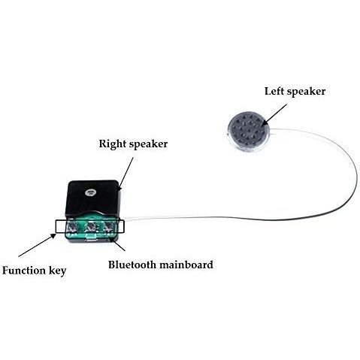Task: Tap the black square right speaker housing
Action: coord(92,198)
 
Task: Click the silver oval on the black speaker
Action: coord(89,192)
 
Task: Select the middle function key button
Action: coord(89,227)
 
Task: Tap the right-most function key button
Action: coord(108,226)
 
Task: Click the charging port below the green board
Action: coord(91,240)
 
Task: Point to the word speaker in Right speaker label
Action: coord(148,145)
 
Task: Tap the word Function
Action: coord(23,271)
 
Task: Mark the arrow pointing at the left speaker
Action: coord(274,115)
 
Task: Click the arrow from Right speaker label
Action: coord(126,174)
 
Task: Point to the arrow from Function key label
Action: coord(37,245)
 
